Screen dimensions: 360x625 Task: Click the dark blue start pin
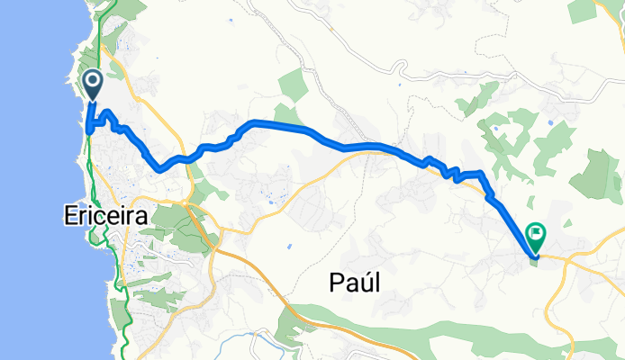[93, 86]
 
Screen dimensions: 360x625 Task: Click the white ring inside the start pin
[93, 82]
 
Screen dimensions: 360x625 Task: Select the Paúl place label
[351, 283]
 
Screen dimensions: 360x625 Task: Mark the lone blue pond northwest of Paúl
[289, 246]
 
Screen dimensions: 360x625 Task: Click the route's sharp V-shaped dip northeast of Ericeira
[159, 168]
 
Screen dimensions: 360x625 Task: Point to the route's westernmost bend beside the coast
[87, 130]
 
